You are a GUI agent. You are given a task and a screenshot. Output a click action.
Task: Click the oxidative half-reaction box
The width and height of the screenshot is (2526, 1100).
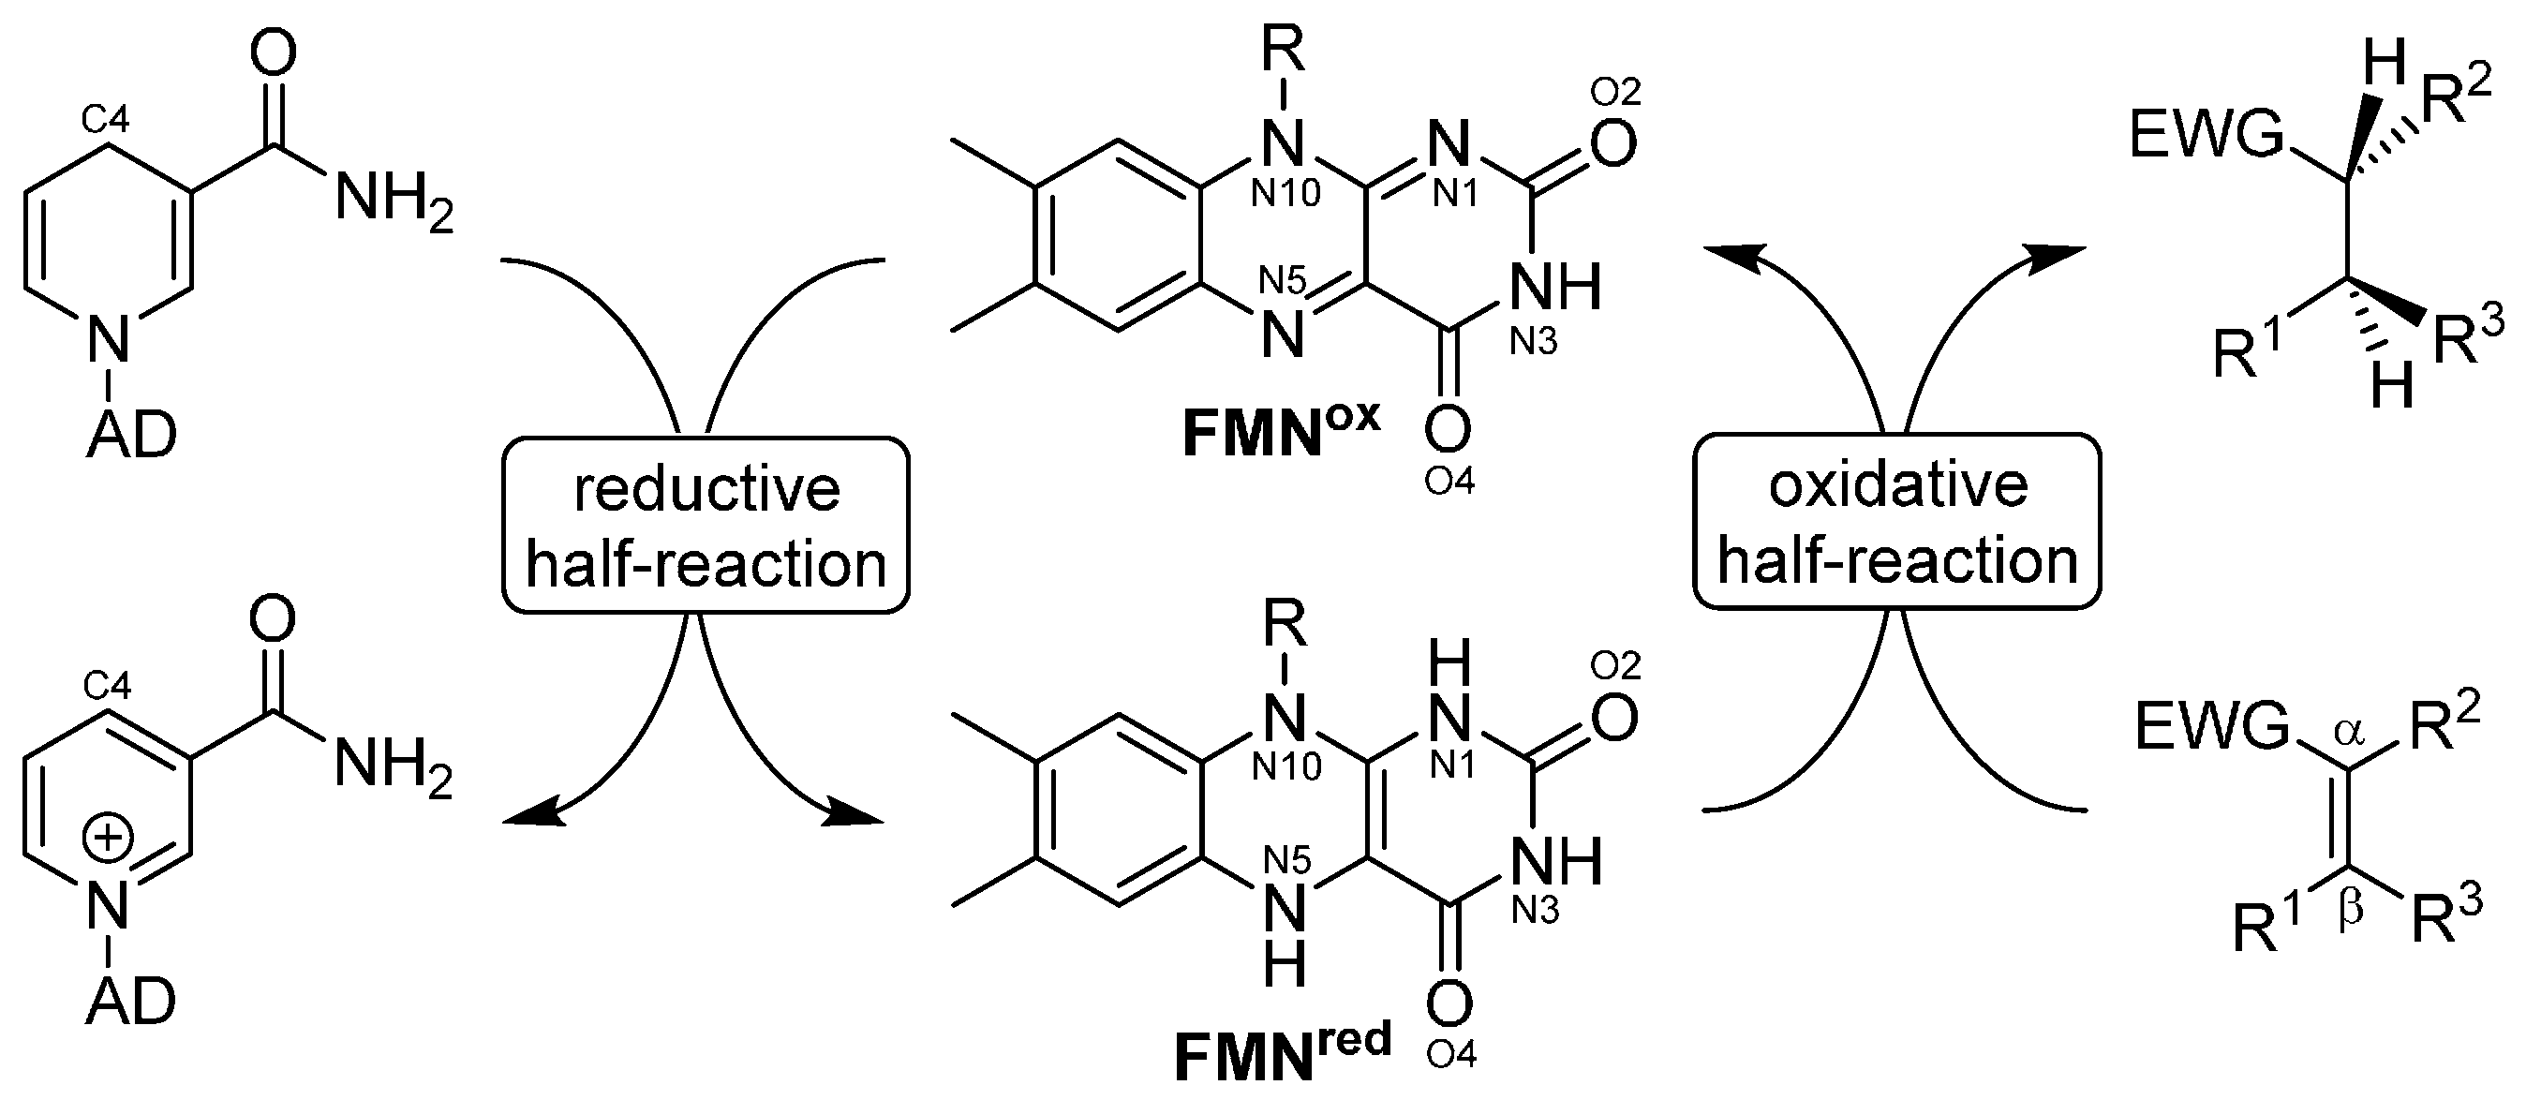(x=1896, y=523)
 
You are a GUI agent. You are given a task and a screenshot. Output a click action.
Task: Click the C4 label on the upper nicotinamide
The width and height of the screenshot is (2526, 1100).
(x=105, y=121)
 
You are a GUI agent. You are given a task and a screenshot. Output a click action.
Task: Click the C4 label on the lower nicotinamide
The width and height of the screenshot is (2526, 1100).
(x=106, y=686)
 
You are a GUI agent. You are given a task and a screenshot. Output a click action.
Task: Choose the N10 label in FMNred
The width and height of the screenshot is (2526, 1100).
(x=1286, y=765)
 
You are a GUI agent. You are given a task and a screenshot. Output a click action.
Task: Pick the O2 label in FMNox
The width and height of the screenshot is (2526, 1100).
(x=1615, y=92)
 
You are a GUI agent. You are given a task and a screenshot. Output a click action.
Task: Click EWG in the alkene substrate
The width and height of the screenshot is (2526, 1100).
(x=2210, y=727)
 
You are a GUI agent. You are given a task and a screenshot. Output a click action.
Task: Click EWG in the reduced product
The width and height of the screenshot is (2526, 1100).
(x=2207, y=136)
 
